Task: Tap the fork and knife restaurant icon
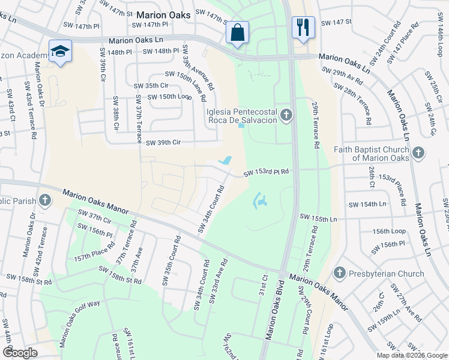302,28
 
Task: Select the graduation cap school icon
60,52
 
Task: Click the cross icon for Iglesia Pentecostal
286,115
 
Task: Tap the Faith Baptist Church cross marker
418,153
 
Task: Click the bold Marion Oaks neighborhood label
163,14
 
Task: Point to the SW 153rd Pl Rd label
266,173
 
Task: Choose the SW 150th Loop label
169,97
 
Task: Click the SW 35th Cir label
151,86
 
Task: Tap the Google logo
20,353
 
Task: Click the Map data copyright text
411,355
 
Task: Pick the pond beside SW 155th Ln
260,201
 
